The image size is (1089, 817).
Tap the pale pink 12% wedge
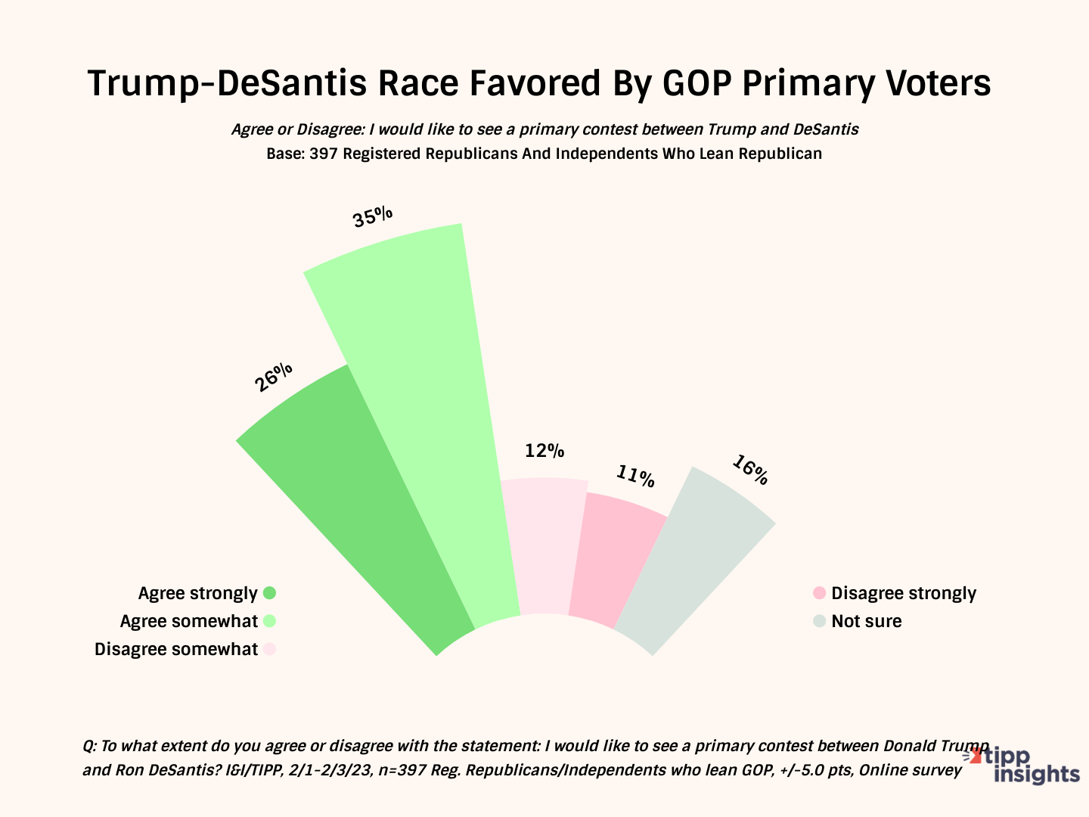point(543,545)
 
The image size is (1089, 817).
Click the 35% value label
point(373,217)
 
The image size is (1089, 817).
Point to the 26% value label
point(274,377)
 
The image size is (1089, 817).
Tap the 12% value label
point(544,451)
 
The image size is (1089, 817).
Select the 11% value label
point(634,476)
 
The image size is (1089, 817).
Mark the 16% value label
point(749,470)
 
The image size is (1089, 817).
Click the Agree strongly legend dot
point(269,593)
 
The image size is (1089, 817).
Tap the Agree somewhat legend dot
point(269,621)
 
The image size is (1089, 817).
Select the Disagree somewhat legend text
point(175,649)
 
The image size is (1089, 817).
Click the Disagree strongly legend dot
point(818,593)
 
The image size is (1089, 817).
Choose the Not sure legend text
point(867,621)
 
